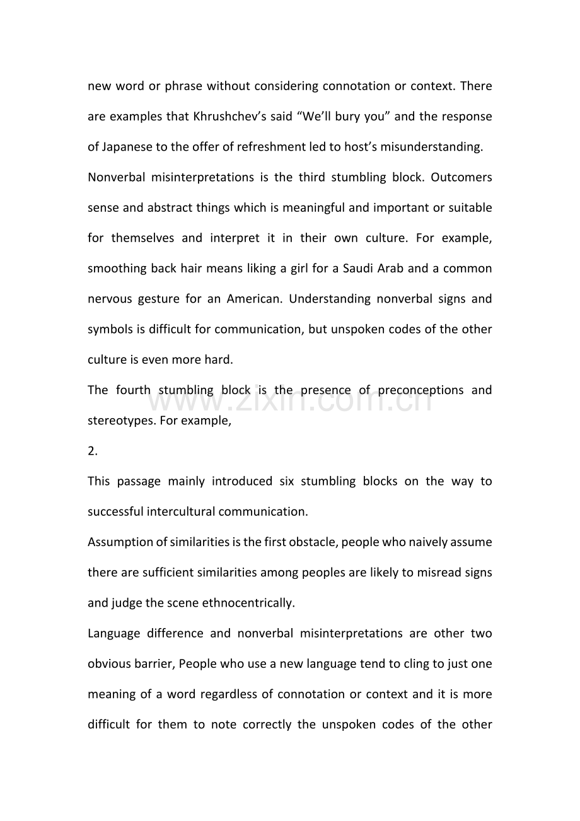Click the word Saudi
(x=359, y=269)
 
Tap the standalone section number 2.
(x=92, y=451)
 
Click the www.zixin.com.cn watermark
(x=294, y=399)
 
